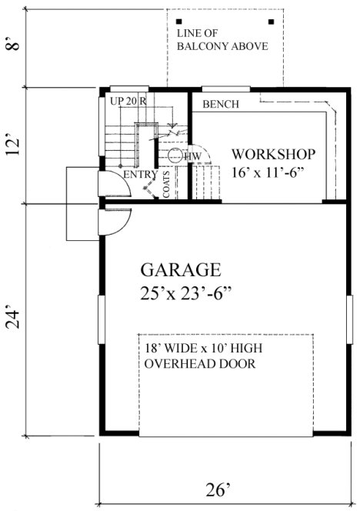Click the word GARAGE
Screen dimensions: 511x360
[x=181, y=270]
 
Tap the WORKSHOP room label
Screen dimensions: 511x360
[x=273, y=152]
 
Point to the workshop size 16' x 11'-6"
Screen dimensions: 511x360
[x=273, y=172]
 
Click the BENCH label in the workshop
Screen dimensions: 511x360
[x=221, y=105]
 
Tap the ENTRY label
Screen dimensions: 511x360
[x=139, y=175]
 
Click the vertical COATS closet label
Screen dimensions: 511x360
[x=166, y=184]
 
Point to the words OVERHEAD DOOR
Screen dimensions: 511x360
[x=200, y=363]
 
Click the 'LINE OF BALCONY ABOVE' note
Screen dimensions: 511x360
[x=222, y=40]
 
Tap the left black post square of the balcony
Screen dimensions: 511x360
[x=178, y=21]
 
